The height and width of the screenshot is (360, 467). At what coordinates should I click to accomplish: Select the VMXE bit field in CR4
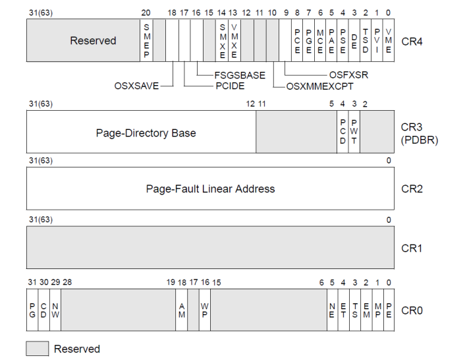click(233, 40)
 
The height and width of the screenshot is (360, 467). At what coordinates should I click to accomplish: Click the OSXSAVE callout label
click(138, 85)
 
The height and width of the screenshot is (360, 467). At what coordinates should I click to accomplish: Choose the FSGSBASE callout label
click(239, 75)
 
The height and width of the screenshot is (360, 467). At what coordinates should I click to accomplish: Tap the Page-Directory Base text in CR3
click(146, 133)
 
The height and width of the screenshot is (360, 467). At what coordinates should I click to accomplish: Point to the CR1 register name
click(411, 248)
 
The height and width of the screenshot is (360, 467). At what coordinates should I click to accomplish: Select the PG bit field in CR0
click(32, 310)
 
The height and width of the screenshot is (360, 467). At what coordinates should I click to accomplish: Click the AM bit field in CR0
click(181, 310)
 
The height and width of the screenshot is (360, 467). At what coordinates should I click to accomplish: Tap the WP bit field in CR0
click(205, 310)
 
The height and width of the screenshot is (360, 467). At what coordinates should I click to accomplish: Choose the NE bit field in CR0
click(332, 310)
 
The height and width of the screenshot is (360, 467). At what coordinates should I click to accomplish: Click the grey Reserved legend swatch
click(37, 349)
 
